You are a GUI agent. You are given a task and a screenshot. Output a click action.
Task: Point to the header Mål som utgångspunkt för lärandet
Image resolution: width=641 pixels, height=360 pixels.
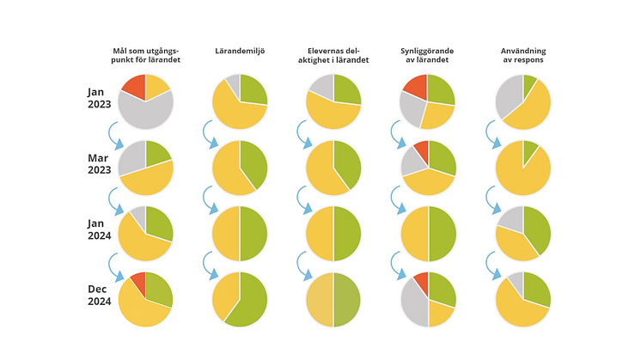[x=145, y=56]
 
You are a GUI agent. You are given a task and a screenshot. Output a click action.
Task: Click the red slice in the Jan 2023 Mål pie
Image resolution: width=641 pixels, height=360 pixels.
[x=134, y=86]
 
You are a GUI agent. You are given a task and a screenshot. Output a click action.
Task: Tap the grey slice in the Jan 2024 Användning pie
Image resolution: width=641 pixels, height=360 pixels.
[x=510, y=218]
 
